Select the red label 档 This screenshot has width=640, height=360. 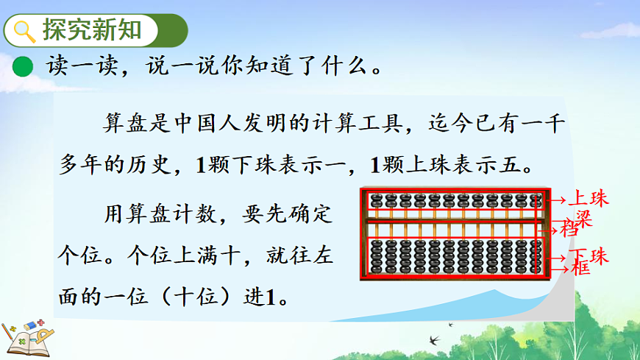570,229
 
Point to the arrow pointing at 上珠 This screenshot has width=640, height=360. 559,199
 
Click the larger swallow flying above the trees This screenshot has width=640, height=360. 433,340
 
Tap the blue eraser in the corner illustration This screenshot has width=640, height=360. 30,325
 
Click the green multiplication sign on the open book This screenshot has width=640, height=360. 22,340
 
